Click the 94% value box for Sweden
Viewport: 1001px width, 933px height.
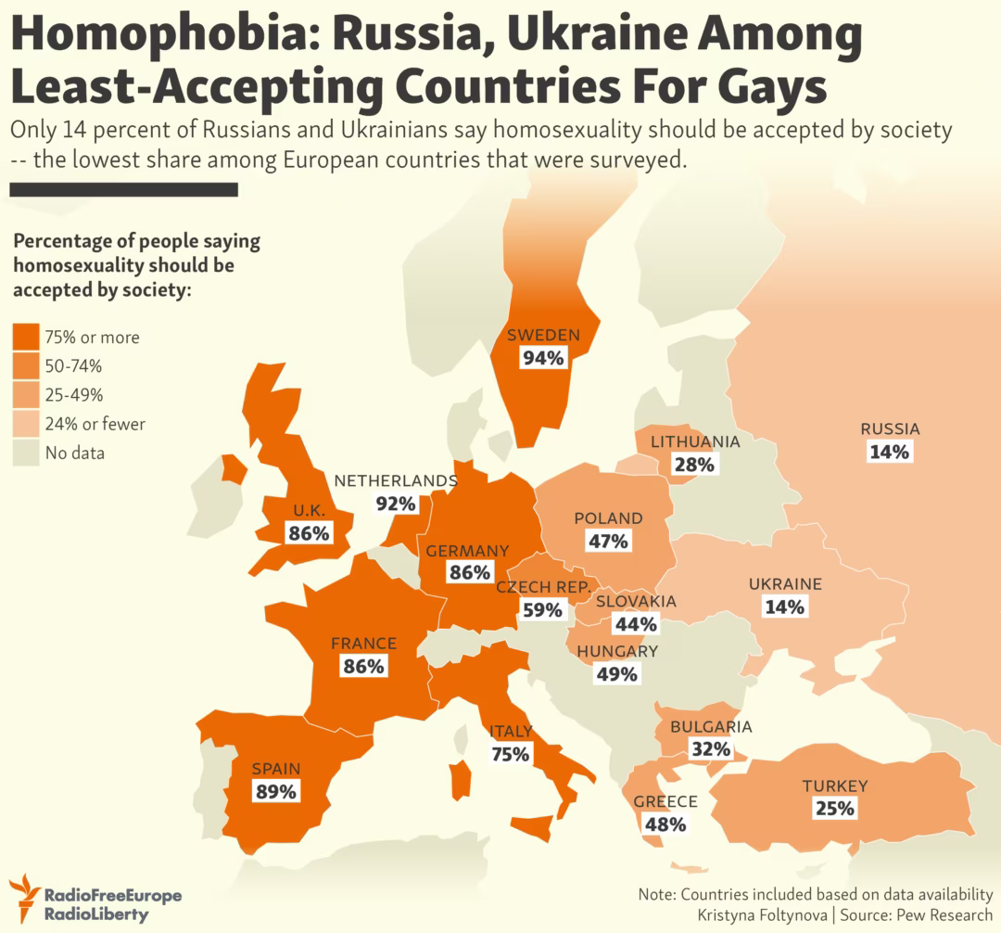point(543,358)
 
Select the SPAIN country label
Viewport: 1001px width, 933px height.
point(276,769)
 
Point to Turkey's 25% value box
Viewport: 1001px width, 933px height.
point(834,809)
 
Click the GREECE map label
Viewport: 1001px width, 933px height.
point(665,802)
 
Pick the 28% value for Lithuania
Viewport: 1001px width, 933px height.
point(694,465)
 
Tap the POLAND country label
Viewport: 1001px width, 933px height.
point(608,518)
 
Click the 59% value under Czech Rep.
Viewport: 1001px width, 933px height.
point(542,610)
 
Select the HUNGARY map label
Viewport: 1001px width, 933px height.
point(616,651)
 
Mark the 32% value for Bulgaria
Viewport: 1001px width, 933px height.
point(710,749)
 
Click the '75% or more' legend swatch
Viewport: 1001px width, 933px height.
point(26,337)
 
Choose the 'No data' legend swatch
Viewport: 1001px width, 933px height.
point(26,453)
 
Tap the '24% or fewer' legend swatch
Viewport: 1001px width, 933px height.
point(26,424)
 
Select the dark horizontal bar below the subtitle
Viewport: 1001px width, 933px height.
point(123,189)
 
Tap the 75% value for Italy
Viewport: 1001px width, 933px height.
point(510,754)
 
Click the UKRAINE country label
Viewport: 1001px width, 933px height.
point(785,584)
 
